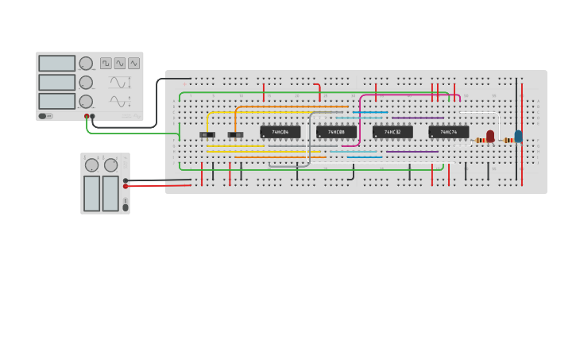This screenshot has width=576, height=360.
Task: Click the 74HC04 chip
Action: click(280, 132)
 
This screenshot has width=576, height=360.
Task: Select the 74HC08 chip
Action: click(336, 132)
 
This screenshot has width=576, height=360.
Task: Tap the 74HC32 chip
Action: click(392, 132)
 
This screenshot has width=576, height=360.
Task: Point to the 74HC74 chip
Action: click(449, 132)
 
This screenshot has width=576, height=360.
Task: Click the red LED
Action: click(490, 137)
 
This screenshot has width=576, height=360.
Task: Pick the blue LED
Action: click(518, 137)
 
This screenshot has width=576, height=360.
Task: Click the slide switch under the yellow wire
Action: click(207, 135)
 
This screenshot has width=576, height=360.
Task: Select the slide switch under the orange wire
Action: click(236, 135)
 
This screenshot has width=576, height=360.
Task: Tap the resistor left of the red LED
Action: click(481, 141)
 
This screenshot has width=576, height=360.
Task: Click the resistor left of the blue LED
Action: click(508, 141)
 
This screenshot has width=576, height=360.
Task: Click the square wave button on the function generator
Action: click(106, 63)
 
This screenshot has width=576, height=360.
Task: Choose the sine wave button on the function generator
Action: click(119, 63)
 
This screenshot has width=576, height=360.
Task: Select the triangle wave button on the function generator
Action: click(133, 63)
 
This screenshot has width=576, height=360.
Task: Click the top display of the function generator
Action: click(56, 64)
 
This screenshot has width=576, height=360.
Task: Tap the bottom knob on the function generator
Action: click(86, 101)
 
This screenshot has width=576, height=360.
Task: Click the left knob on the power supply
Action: click(91, 165)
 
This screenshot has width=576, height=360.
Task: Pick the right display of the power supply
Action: click(110, 193)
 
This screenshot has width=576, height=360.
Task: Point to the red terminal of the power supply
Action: click(126, 187)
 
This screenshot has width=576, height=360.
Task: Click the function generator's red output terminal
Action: click(87, 116)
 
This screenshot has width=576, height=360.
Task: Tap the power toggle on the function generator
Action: click(43, 116)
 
